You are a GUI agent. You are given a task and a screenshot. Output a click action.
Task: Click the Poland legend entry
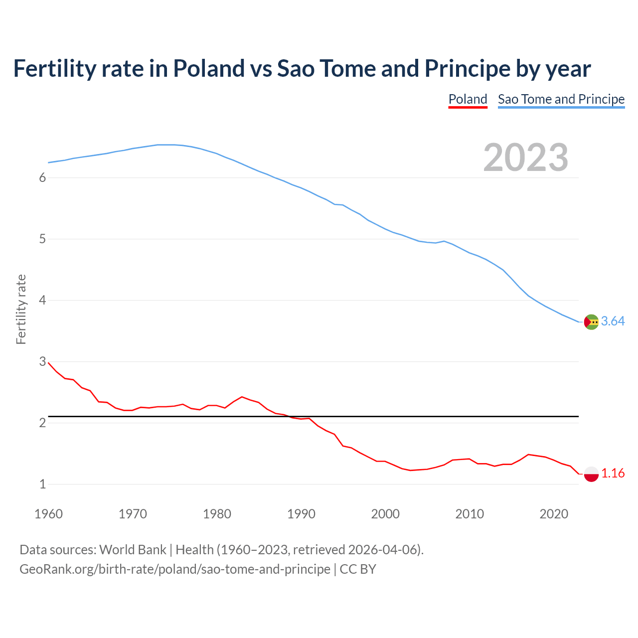tap(468, 99)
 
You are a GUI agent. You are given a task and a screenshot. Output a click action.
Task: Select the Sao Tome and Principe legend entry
tap(561, 99)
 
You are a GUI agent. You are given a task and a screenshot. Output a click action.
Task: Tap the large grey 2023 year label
tap(525, 158)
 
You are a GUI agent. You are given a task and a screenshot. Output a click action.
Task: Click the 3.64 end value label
tap(613, 321)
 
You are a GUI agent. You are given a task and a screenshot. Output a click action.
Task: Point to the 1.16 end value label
tap(613, 474)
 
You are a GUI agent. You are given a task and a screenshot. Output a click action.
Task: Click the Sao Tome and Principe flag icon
tap(591, 322)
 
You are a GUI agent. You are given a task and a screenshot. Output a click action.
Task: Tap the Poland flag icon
tap(591, 474)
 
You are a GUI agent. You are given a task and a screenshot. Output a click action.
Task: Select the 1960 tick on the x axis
tap(48, 514)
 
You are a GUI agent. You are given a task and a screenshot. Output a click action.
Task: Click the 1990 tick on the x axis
tap(301, 514)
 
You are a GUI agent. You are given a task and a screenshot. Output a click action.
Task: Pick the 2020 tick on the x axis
tap(554, 514)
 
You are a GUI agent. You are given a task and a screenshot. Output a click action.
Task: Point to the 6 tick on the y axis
tap(42, 178)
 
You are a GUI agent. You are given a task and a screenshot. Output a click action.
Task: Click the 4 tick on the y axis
tap(42, 301)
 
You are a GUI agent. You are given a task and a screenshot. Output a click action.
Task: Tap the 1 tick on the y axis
tap(42, 484)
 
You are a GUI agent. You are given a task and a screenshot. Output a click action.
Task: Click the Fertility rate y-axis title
tap(21, 309)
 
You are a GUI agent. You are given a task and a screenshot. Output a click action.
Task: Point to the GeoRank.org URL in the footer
tap(174, 569)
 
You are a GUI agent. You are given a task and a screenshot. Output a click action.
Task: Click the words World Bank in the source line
tap(133, 550)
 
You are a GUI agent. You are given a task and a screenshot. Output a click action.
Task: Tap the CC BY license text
tap(358, 569)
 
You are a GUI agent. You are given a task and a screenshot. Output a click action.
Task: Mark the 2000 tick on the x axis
tap(385, 514)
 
